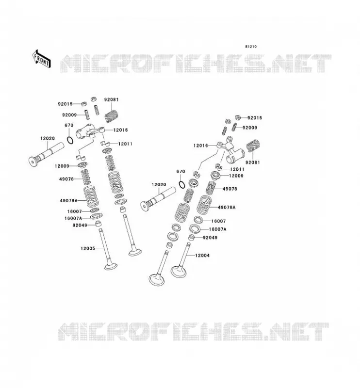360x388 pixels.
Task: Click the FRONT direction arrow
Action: [x=42, y=59]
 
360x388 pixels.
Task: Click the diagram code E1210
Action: [x=251, y=47]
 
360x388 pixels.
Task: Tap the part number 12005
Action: [x=88, y=248]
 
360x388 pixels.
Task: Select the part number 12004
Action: [x=202, y=256]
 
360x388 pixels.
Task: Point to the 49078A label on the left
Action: [x=68, y=200]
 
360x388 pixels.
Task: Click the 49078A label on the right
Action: [x=227, y=208]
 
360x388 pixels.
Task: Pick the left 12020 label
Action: [x=48, y=138]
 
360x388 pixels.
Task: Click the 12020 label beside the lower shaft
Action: [x=159, y=185]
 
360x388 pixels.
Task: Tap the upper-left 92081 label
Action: [x=112, y=100]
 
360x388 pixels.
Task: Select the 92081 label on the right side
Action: [x=253, y=162]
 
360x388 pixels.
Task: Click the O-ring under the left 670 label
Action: [x=70, y=140]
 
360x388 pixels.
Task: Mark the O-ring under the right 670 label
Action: [x=182, y=185]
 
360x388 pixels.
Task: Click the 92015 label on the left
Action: [x=65, y=104]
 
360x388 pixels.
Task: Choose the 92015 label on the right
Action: [x=255, y=118]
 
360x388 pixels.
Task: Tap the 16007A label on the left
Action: [x=73, y=219]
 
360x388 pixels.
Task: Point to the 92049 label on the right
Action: [x=210, y=238]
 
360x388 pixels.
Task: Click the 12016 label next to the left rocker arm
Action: [x=121, y=130]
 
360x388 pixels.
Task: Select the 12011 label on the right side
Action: [x=237, y=169]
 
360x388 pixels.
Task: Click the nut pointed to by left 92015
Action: [x=83, y=104]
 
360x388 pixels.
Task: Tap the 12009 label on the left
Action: [x=62, y=166]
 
